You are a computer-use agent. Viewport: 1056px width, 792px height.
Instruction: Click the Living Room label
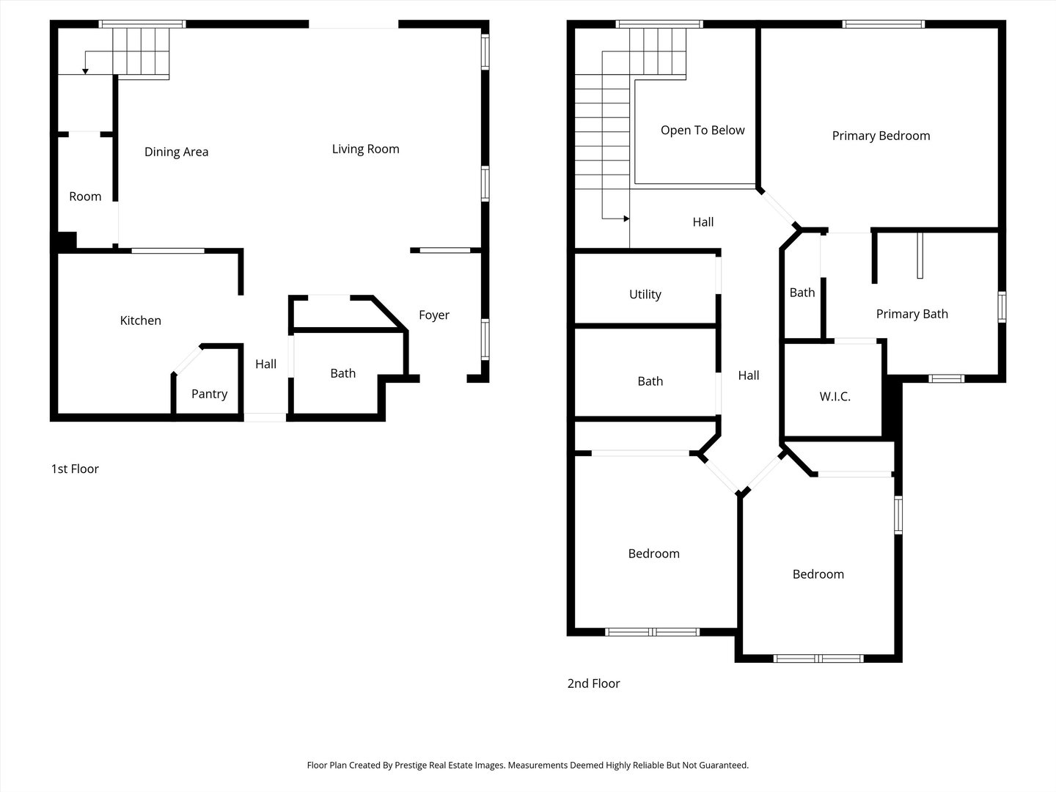[365, 149]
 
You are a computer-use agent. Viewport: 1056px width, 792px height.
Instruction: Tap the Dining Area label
[176, 152]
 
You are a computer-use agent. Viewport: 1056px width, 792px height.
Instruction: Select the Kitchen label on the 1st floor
[140, 320]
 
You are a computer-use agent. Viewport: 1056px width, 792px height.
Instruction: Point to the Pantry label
[209, 394]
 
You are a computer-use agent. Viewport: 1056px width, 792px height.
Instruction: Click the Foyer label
[433, 315]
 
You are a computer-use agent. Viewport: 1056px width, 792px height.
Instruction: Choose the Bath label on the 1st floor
[342, 373]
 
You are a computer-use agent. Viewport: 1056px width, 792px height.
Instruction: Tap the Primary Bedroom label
[881, 136]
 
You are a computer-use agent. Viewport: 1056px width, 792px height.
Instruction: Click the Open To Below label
[702, 130]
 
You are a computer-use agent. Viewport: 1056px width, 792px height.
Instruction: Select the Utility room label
[645, 294]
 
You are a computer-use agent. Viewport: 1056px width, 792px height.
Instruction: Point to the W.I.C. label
[835, 397]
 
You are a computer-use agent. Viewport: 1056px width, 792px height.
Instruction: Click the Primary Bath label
[912, 314]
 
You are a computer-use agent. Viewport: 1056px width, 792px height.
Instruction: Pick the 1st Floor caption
[75, 469]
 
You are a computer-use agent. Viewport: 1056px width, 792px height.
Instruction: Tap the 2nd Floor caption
[593, 683]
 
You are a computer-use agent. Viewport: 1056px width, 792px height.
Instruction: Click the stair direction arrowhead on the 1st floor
[85, 70]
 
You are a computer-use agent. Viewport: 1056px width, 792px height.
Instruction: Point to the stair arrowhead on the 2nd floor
[626, 219]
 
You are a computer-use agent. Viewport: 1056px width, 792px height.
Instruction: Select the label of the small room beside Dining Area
[85, 197]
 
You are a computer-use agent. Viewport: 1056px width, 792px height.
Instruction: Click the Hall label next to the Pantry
[265, 364]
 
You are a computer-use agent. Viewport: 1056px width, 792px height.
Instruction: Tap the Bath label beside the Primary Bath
[802, 293]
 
